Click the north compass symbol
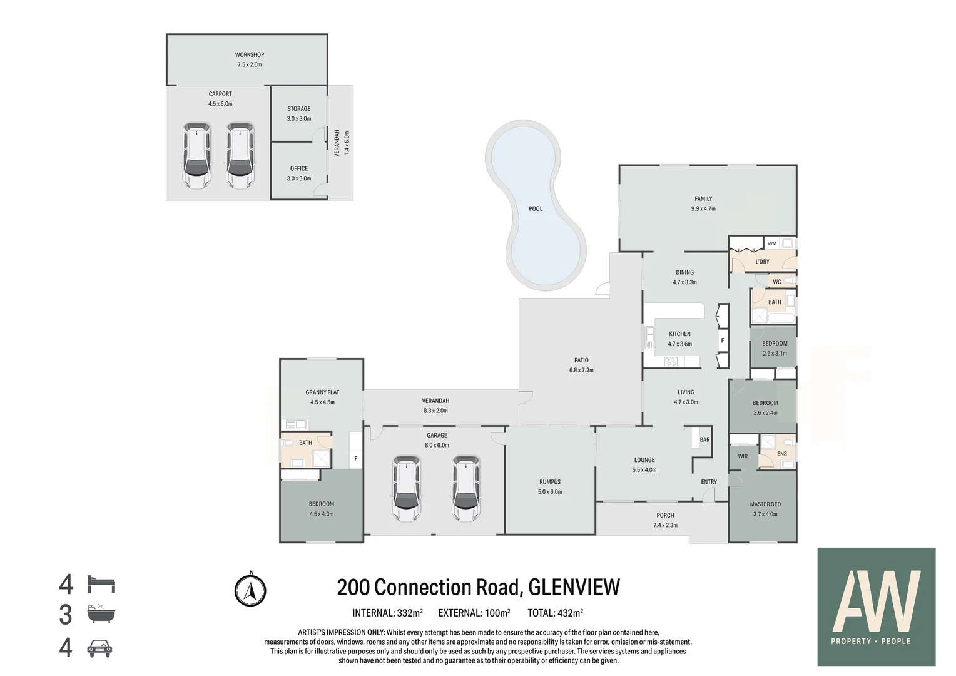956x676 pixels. [250, 590]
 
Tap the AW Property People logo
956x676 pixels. [877, 607]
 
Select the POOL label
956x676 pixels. [536, 209]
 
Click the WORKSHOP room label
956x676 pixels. [250, 54]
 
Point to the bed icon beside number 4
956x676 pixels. [101, 584]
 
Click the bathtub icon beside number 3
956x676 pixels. [101, 613]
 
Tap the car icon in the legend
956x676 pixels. [99, 648]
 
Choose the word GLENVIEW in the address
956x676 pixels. [574, 587]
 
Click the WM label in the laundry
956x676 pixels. [772, 244]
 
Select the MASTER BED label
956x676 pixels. [765, 504]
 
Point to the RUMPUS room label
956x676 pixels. [550, 482]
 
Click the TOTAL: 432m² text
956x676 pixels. [555, 613]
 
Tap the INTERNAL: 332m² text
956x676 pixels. [387, 613]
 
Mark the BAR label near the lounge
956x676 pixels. [704, 439]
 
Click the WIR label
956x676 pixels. [743, 456]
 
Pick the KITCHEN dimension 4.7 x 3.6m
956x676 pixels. [680, 344]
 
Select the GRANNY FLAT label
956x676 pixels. [322, 392]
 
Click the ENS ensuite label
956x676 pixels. [782, 454]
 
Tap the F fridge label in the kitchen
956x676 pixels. [723, 341]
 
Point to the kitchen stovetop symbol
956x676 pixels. [671, 362]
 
